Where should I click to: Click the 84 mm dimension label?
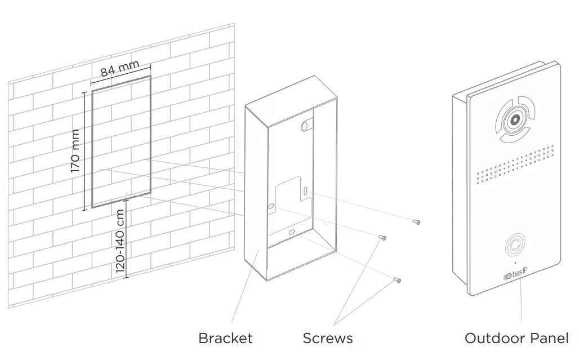tap(119, 69)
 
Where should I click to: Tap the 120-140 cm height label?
tap(121, 241)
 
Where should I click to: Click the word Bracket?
tap(225, 339)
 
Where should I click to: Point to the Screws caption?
tap(327, 339)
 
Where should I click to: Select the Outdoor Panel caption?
tap(516, 339)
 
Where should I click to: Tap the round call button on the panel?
tap(514, 246)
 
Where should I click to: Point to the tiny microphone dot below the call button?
tap(514, 263)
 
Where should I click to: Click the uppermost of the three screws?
tap(416, 222)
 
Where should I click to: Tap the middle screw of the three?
tap(381, 238)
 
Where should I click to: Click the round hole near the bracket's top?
tap(306, 125)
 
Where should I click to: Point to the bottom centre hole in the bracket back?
tap(291, 232)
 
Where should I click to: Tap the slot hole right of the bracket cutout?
tap(305, 192)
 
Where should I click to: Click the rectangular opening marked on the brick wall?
tap(121, 141)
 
